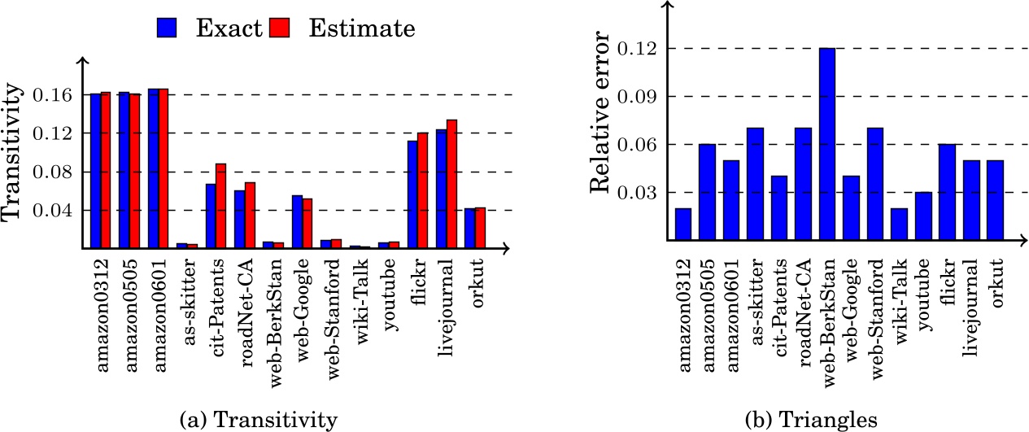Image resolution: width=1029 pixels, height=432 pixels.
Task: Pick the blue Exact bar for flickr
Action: [x=412, y=194]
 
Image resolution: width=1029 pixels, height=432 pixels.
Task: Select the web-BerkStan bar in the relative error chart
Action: [x=827, y=145]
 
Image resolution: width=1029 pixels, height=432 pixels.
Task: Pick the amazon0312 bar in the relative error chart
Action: [x=683, y=225]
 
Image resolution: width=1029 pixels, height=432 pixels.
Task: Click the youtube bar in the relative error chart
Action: [x=923, y=216]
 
